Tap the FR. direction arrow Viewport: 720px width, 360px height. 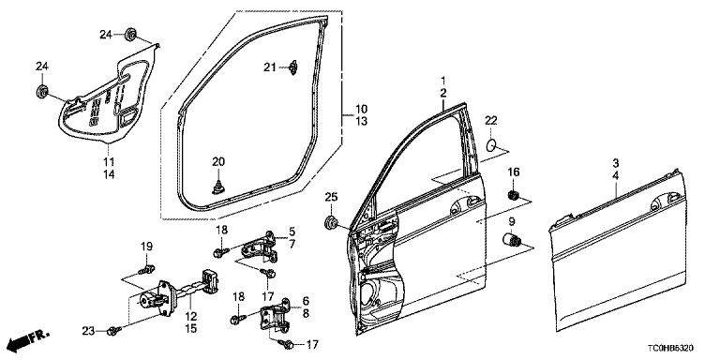coord(28,338)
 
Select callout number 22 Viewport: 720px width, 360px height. coord(491,121)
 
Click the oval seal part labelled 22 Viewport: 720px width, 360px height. coord(491,144)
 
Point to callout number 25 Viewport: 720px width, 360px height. coord(331,198)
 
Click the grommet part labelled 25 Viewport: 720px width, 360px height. coord(331,222)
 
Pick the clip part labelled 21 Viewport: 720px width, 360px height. coord(293,67)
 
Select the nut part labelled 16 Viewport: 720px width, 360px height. coord(514,196)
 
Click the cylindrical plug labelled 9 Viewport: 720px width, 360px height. coord(512,240)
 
